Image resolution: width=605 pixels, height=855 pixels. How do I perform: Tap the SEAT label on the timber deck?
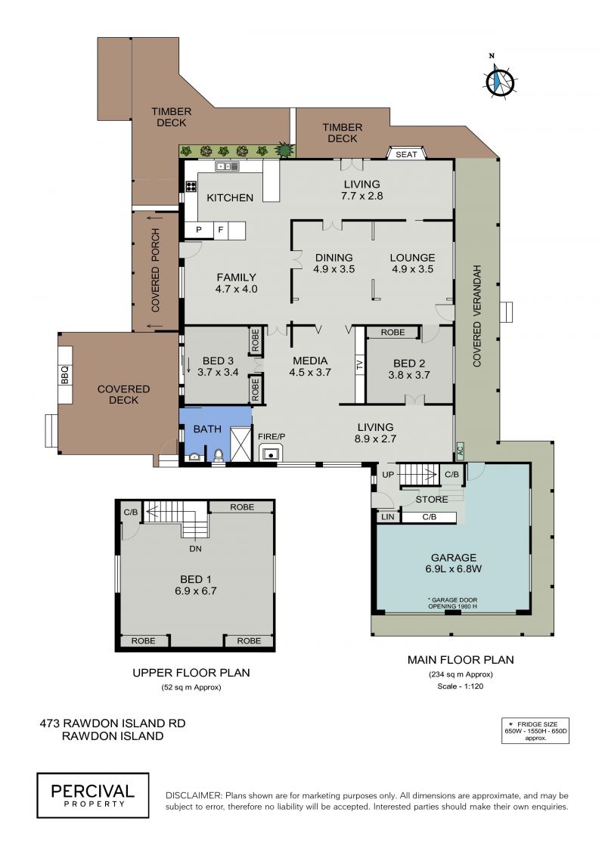click(x=406, y=154)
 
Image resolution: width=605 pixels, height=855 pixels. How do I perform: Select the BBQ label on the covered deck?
click(x=65, y=375)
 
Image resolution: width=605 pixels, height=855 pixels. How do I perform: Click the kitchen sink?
click(x=227, y=166)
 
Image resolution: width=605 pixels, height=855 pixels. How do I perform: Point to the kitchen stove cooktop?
click(x=191, y=186)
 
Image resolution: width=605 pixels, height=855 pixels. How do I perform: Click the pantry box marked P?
click(x=199, y=230)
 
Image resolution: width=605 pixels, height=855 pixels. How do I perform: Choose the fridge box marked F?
click(x=220, y=230)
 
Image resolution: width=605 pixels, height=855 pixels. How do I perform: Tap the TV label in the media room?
click(x=359, y=365)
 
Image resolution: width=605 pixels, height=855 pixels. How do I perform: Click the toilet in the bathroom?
click(x=219, y=455)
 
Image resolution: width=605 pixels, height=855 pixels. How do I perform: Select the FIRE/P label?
click(x=271, y=437)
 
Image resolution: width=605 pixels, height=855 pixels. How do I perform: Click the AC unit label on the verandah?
click(x=459, y=451)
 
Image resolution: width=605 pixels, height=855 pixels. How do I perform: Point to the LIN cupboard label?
click(x=387, y=516)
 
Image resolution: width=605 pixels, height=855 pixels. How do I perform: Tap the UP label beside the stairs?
click(x=388, y=475)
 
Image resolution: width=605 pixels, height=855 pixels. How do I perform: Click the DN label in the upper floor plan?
click(x=195, y=549)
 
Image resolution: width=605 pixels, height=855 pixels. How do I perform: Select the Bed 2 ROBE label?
click(x=392, y=332)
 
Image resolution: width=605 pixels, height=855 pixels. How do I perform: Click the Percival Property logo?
click(x=93, y=795)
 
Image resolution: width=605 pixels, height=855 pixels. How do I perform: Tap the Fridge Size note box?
click(x=535, y=731)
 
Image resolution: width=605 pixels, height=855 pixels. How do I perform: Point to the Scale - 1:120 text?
click(x=460, y=686)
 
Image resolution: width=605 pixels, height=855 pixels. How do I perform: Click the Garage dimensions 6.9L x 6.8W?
click(x=453, y=568)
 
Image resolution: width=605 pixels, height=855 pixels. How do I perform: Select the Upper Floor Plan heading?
click(x=191, y=673)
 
